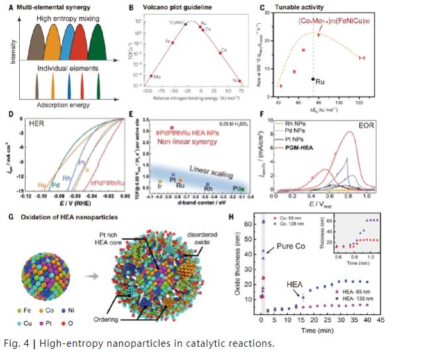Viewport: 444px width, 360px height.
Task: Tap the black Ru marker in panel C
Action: [312, 79]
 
